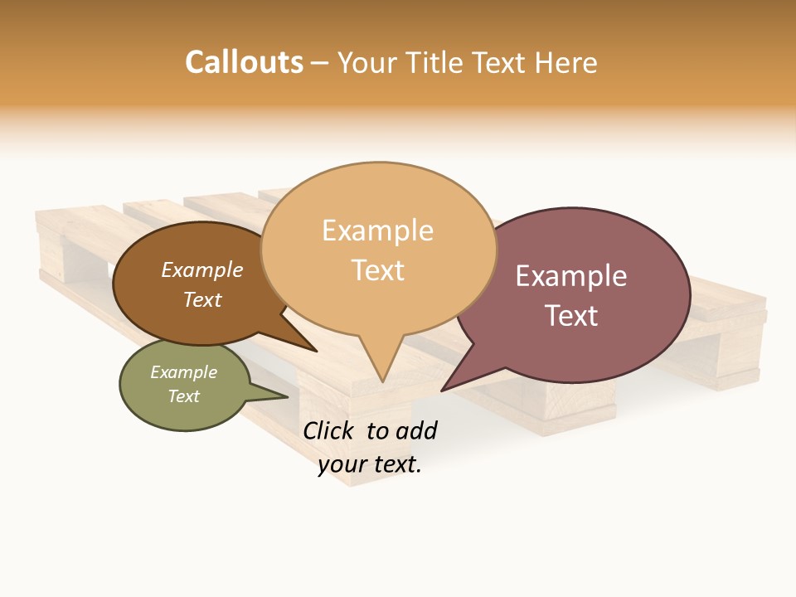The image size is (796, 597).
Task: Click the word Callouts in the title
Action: pyautogui.click(x=244, y=62)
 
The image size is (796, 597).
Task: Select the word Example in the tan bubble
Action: pyautogui.click(x=377, y=231)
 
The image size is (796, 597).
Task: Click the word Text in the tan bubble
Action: pyautogui.click(x=377, y=270)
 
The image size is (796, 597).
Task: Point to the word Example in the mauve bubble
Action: pyautogui.click(x=571, y=276)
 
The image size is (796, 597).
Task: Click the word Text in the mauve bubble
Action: pyautogui.click(x=571, y=316)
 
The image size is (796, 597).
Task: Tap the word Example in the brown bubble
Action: pyautogui.click(x=201, y=270)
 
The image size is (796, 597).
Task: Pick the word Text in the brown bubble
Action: pyautogui.click(x=201, y=299)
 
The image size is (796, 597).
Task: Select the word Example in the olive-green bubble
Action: pyautogui.click(x=183, y=372)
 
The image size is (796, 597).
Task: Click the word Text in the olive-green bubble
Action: pyautogui.click(x=183, y=396)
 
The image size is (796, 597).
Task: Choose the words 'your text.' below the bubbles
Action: pyautogui.click(x=370, y=464)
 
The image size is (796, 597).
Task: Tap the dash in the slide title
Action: pyautogui.click(x=320, y=62)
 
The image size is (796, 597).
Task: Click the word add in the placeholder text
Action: pyautogui.click(x=417, y=430)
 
